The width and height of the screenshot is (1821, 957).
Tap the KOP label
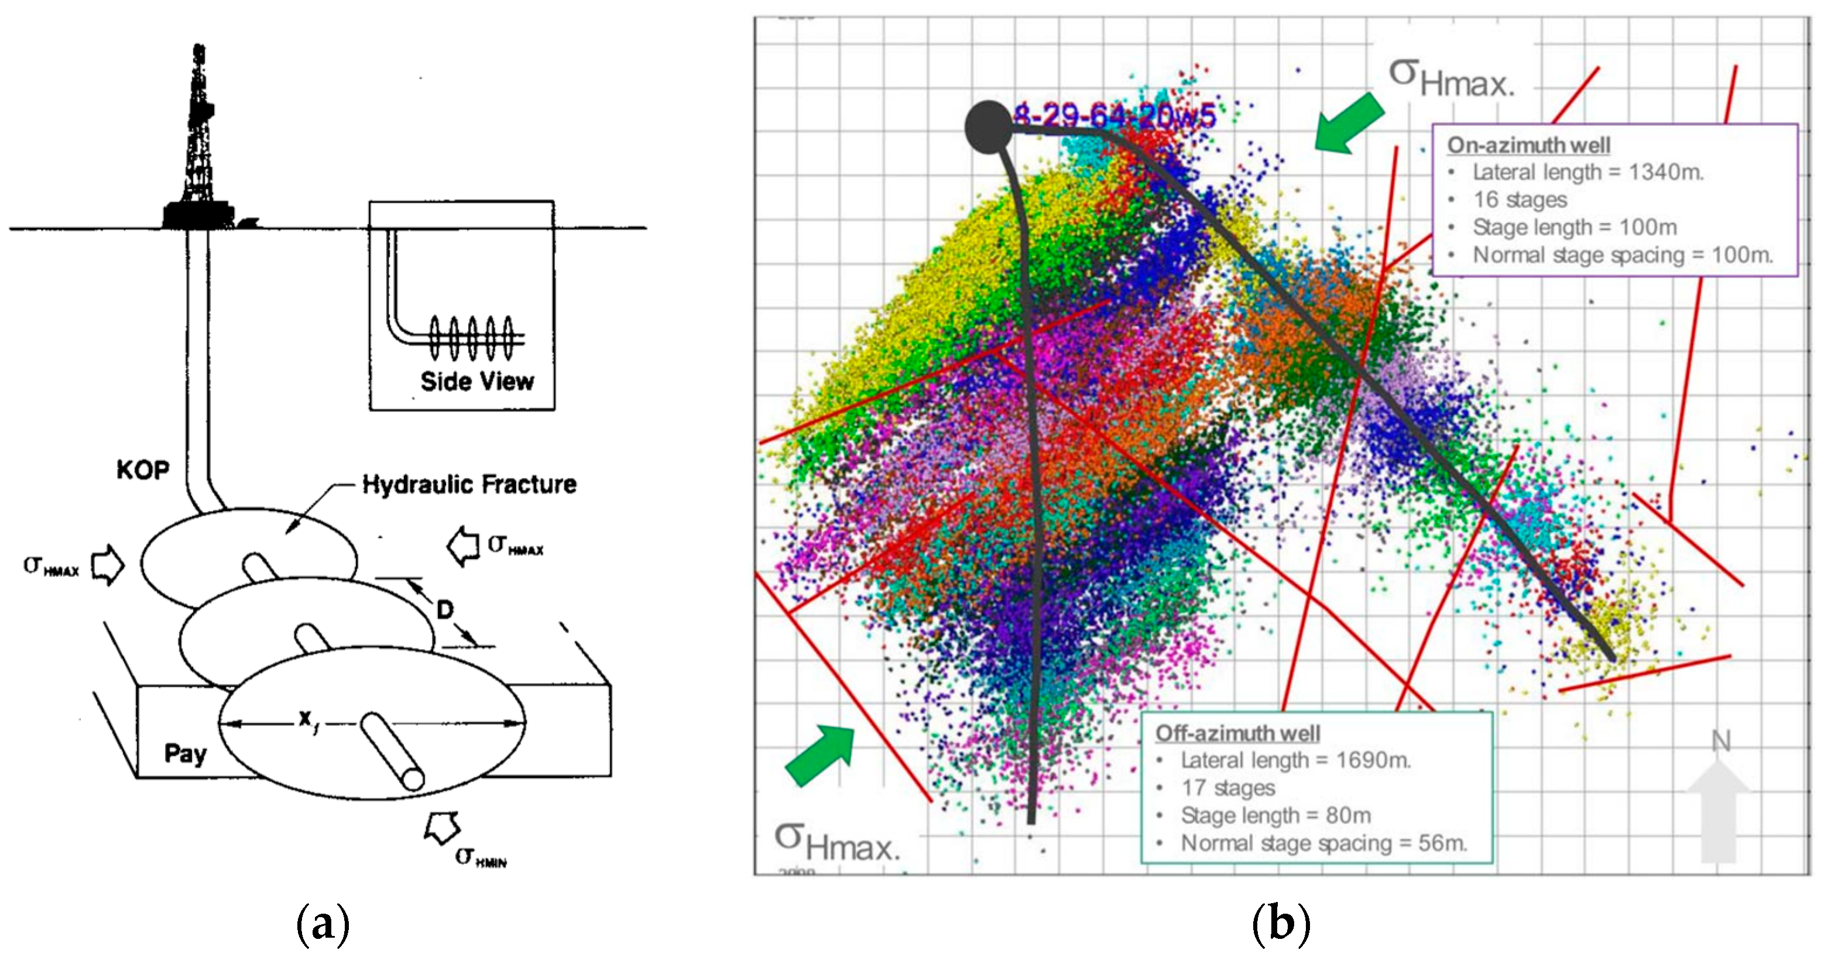(143, 470)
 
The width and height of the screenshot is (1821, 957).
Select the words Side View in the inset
(477, 382)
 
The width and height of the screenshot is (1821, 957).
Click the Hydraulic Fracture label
(469, 485)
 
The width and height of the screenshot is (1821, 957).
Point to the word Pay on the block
(185, 753)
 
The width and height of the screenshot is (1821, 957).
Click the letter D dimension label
(445, 609)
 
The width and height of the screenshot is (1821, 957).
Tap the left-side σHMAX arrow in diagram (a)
(108, 565)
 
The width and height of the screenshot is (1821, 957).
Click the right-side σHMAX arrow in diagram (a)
(464, 546)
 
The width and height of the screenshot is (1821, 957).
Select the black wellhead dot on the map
(988, 126)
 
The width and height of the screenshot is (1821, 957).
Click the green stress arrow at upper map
(1348, 124)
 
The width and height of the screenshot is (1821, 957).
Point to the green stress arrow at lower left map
(821, 755)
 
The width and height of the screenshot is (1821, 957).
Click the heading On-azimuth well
(1528, 145)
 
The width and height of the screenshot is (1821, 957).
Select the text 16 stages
(1520, 200)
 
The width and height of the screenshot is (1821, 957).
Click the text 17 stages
(1228, 787)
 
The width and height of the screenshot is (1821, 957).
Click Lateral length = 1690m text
(1295, 760)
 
